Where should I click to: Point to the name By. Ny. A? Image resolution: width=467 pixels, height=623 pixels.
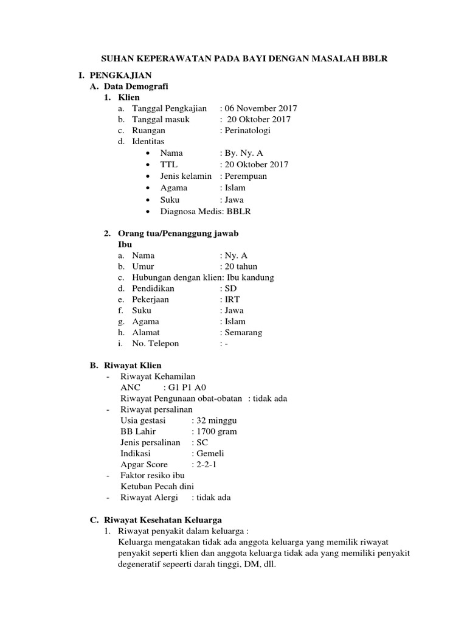244,153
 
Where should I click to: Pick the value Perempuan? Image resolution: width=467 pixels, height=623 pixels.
246,176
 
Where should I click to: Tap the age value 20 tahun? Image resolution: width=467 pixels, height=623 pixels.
241,266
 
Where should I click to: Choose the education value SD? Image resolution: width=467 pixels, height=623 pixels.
230,288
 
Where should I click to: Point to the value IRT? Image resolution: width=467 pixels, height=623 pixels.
232,299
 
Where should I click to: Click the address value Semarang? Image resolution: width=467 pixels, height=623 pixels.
243,332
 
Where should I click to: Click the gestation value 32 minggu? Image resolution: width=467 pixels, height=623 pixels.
216,420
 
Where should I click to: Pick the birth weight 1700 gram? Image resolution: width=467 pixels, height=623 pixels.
216,431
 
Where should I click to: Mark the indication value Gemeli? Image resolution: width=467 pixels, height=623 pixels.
210,453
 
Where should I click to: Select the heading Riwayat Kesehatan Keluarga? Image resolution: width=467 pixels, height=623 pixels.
162,520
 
